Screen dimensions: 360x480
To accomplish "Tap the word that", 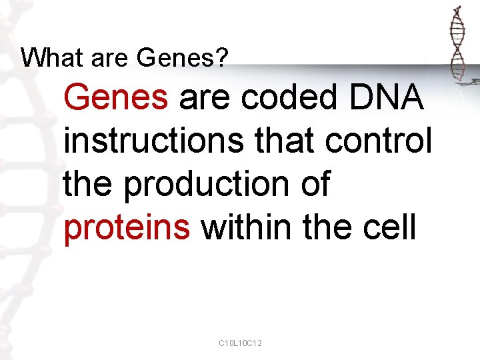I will (x=285, y=141).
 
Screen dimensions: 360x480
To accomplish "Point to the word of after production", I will (x=315, y=184).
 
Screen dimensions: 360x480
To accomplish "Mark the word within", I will (x=246, y=227).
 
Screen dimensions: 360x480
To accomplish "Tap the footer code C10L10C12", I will (x=240, y=343).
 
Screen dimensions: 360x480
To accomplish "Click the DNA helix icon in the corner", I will (x=457, y=47).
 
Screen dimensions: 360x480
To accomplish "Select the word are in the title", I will (x=105, y=59).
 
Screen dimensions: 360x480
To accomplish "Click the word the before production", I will (x=89, y=184).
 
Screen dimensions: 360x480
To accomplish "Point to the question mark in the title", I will (x=222, y=58).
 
